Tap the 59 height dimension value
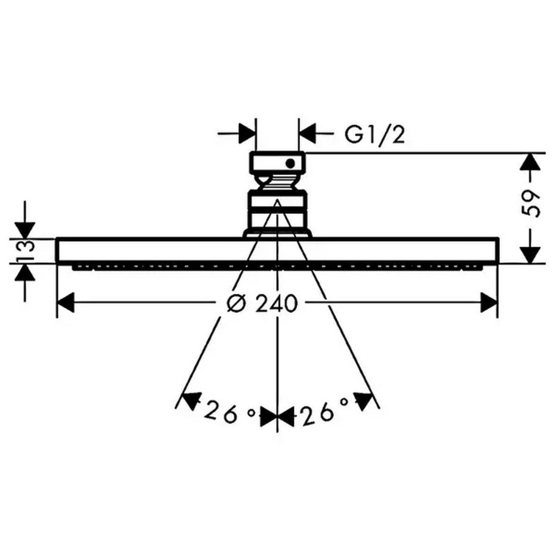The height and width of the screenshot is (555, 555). click(x=531, y=204)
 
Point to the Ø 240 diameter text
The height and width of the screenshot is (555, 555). click(x=262, y=303)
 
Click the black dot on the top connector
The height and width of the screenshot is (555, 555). click(x=290, y=163)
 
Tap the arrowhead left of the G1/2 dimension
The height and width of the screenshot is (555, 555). click(x=247, y=134)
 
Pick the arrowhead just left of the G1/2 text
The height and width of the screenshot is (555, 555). click(x=307, y=134)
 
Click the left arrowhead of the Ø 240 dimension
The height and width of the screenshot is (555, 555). click(x=65, y=302)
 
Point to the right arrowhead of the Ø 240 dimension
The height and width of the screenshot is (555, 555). click(x=489, y=302)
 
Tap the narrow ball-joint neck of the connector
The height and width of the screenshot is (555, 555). click(x=277, y=182)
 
